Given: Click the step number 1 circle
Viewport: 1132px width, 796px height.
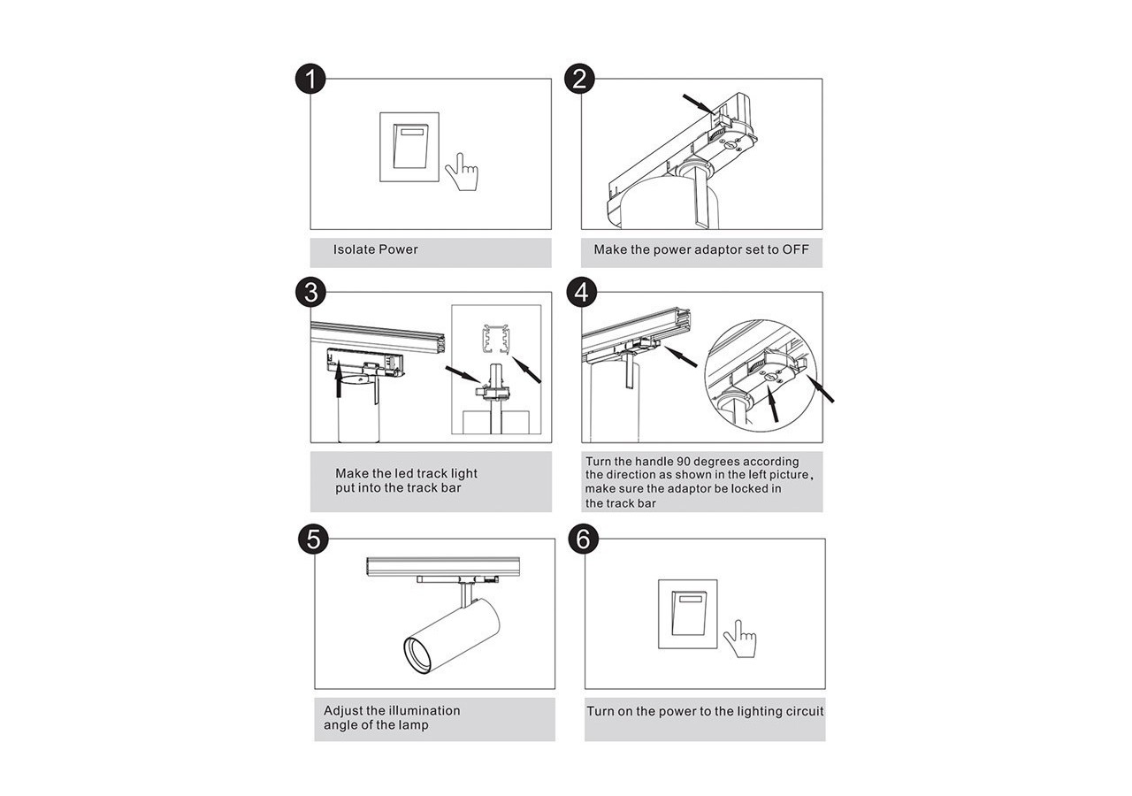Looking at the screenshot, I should coord(310,79).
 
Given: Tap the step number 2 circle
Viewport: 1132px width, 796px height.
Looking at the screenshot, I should coord(579,79).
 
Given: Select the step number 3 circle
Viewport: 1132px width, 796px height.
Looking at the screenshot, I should coord(310,292).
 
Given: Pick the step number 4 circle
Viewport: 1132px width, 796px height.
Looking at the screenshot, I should coord(580,292).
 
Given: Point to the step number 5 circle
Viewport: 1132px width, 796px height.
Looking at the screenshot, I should coord(313,539).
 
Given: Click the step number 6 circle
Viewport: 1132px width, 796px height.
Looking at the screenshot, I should coord(584,539).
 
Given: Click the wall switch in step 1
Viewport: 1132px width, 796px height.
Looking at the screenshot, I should coord(409,147).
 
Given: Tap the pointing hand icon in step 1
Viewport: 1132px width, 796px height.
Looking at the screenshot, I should coord(461,172).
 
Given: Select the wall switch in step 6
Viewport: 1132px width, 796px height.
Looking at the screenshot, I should coord(687,614).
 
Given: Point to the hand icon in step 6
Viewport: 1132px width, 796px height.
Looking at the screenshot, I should coord(739,638).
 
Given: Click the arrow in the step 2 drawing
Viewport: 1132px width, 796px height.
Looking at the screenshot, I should coord(698,103).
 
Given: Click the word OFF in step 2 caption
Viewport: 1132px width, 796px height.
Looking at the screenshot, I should coord(795,249).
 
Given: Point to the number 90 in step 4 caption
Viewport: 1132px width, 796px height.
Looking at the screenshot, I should coord(685,462).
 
